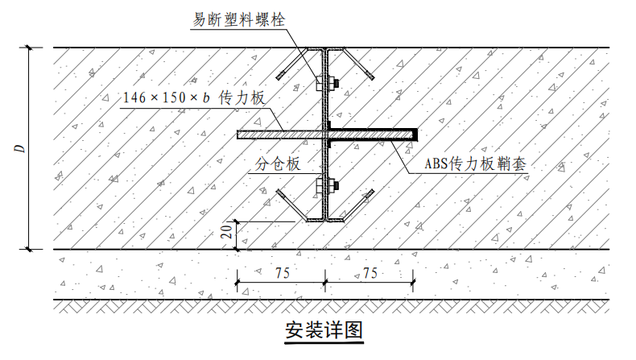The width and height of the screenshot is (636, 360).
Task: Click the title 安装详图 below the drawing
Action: coord(324,330)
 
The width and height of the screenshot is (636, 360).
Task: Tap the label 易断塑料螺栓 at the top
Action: coord(239,19)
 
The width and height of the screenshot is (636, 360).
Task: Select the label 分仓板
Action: coord(278,163)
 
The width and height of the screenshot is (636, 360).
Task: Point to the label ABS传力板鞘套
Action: coord(475,163)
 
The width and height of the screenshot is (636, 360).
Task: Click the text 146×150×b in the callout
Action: coord(167,97)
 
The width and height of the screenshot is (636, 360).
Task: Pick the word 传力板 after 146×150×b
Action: coord(242,97)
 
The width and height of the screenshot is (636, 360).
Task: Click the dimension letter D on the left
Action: coord(20,148)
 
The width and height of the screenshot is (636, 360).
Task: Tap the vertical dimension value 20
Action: coord(229,231)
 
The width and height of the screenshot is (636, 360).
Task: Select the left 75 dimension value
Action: coord(283,273)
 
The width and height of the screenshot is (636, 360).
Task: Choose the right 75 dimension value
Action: coord(370,273)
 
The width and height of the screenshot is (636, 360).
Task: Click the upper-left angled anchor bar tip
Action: coord(279,77)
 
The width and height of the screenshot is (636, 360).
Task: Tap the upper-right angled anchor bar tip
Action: coord(371,76)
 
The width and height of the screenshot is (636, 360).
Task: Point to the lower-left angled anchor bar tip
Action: coord(279,192)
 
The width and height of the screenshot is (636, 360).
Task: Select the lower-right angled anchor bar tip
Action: coord(370,192)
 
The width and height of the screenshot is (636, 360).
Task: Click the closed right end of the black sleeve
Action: coord(415,134)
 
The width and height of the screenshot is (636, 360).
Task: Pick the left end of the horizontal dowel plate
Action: coord(238,134)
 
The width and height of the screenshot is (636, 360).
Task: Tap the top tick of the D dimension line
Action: coord(28,48)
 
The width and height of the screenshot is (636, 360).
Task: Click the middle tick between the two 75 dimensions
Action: coord(325,282)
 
